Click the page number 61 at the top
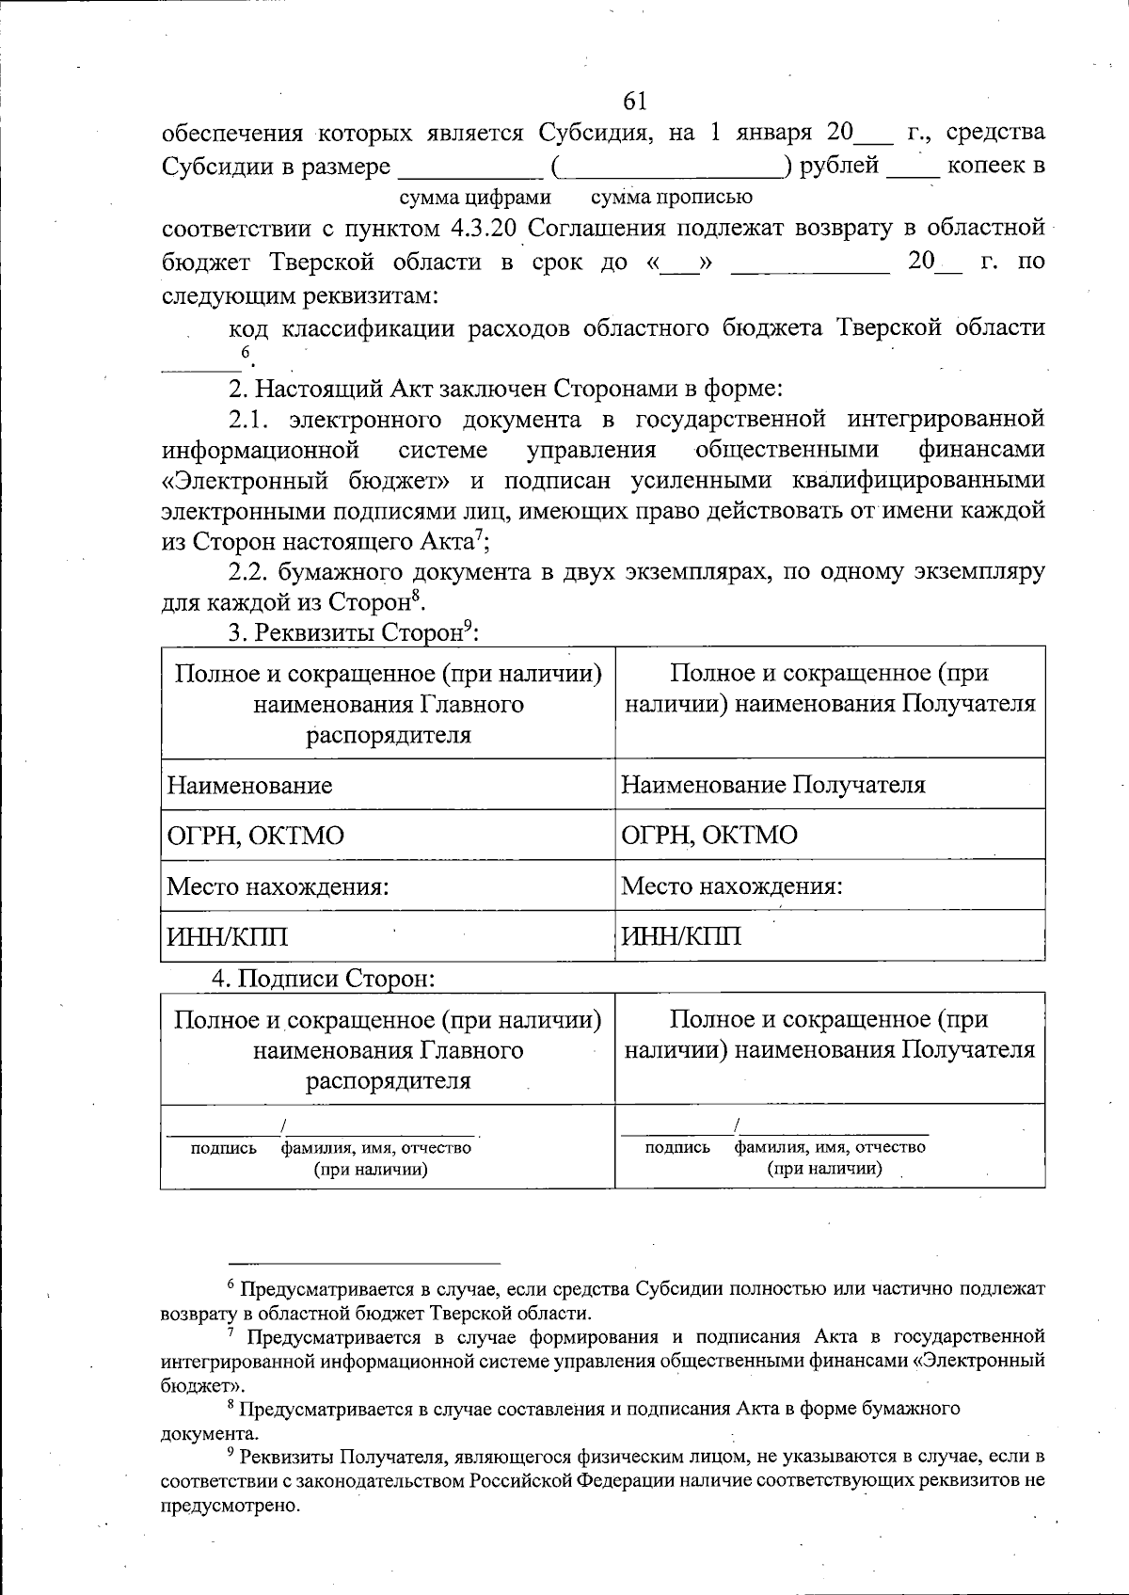[635, 101]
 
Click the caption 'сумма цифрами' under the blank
[475, 198]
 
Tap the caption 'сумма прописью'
[671, 198]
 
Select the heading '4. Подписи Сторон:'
[323, 978]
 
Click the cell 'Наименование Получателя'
[773, 785]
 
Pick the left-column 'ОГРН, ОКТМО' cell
[255, 836]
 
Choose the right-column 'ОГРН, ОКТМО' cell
[709, 836]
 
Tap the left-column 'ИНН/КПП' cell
[227, 937]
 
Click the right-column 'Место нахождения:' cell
[732, 886]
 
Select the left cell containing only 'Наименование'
[249, 785]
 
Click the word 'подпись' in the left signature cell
[224, 1148]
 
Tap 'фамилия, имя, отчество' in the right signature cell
[830, 1147]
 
